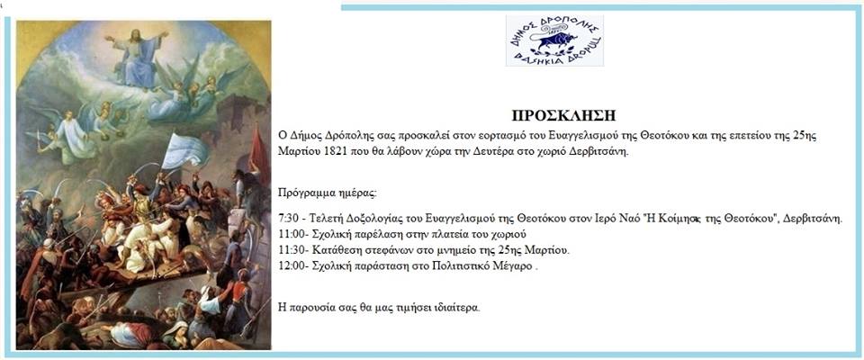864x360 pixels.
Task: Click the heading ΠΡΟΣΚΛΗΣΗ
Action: [563, 116]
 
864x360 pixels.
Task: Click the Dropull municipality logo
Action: [554, 40]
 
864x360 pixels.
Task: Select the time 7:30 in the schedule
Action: [289, 219]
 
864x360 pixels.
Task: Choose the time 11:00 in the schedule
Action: [291, 234]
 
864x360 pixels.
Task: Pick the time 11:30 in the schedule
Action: [291, 250]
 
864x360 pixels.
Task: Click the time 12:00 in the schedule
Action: [291, 266]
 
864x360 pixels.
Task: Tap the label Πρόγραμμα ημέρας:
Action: [328, 194]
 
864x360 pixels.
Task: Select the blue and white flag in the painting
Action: [184, 150]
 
